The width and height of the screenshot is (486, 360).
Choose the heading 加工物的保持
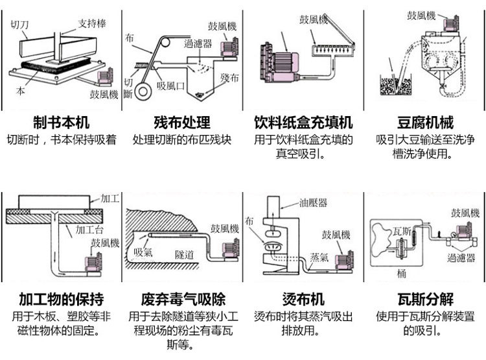[61, 299]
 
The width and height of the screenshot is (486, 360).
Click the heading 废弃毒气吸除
[183, 299]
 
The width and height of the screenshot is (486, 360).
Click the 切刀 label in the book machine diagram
[19, 25]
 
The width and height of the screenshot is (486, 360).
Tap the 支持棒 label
[91, 23]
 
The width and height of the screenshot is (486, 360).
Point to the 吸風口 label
[171, 85]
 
